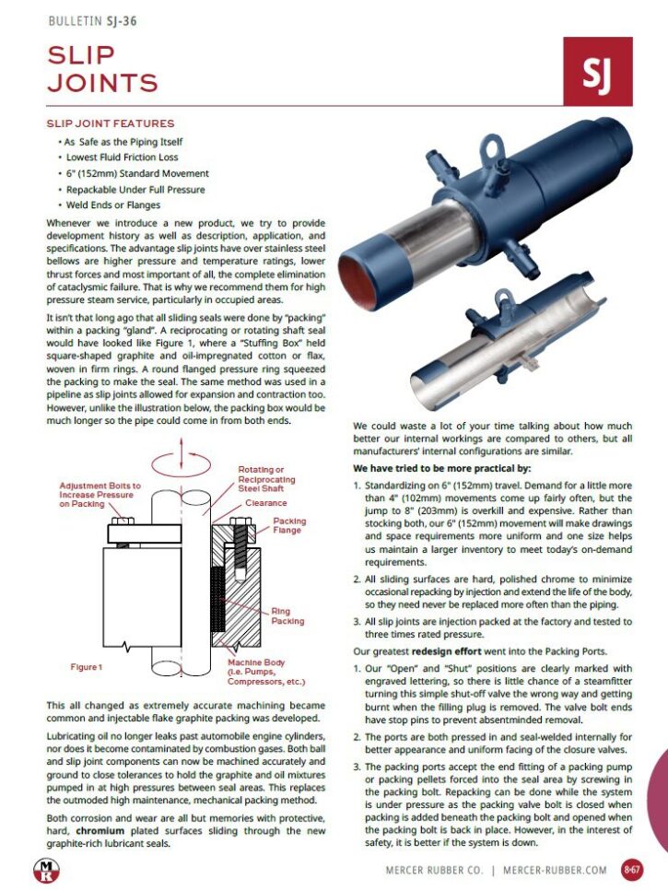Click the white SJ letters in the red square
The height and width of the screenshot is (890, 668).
(597, 72)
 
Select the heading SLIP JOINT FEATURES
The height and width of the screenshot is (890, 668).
(110, 123)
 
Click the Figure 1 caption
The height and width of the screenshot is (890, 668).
(87, 666)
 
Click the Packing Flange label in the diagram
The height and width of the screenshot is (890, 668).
(289, 526)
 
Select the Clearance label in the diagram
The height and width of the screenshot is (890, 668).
(265, 503)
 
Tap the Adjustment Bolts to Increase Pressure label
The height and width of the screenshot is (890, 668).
(100, 495)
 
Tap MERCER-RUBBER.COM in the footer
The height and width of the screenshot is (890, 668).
(555, 869)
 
